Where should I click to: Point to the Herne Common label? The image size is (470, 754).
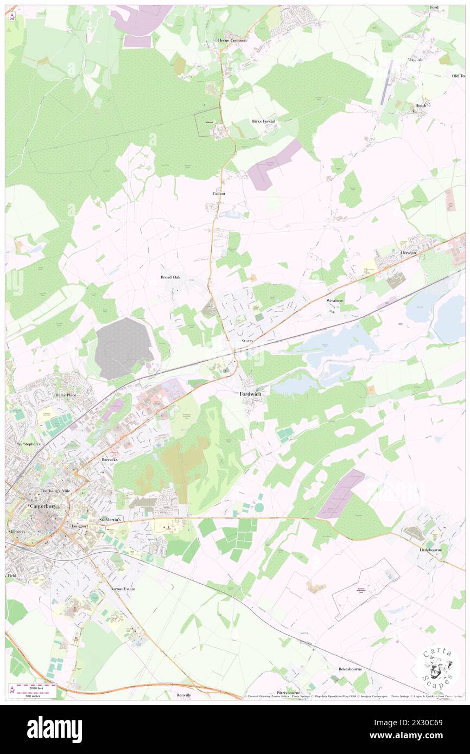pyautogui.click(x=232, y=40)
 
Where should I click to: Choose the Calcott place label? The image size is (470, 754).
pyautogui.click(x=219, y=193)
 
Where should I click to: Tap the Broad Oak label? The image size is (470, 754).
pyautogui.click(x=170, y=277)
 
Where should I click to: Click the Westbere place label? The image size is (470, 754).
pyautogui.click(x=335, y=300)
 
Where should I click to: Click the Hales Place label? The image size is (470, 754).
pyautogui.click(x=65, y=395)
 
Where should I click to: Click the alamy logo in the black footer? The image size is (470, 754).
pyautogui.click(x=54, y=729)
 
